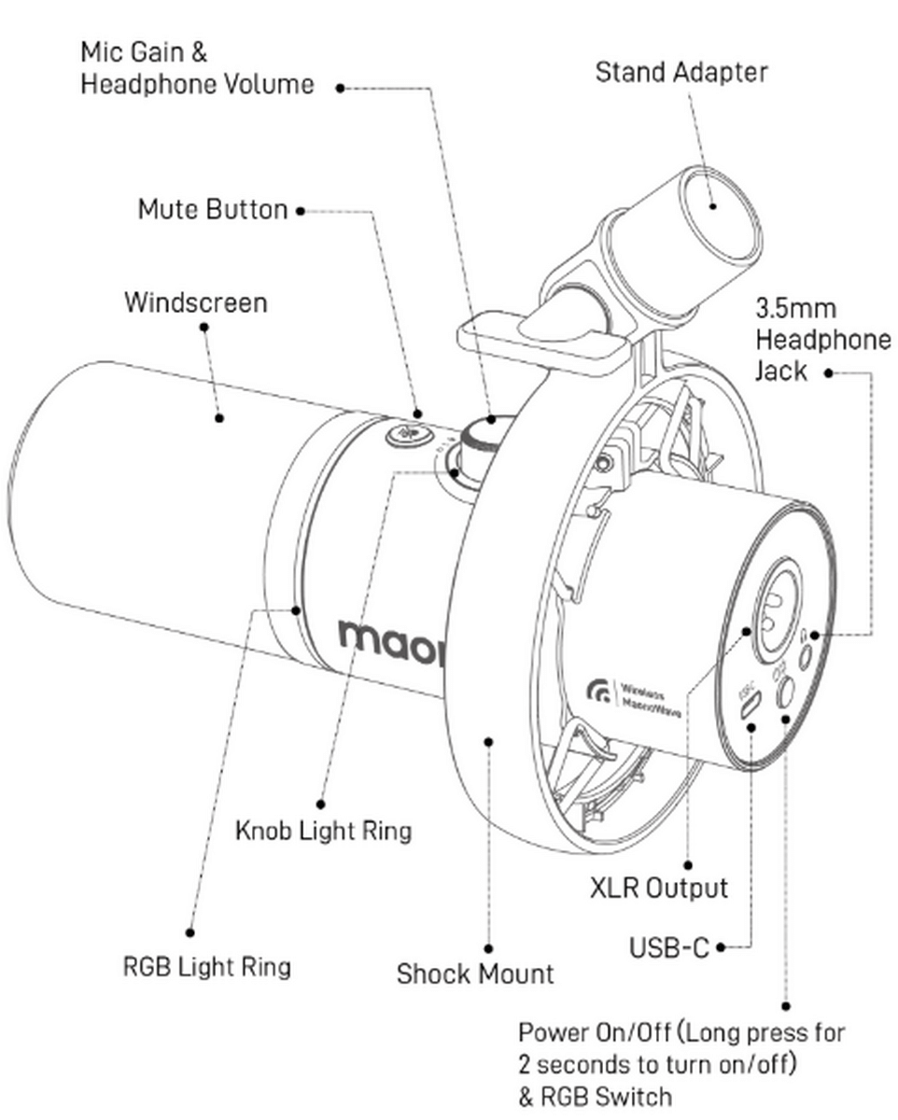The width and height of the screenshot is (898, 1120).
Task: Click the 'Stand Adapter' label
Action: [x=681, y=72]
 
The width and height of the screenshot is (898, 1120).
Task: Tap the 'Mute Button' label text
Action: [x=212, y=208]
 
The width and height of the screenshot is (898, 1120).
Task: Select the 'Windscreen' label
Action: [x=195, y=302]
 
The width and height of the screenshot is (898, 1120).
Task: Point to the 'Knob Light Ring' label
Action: [x=323, y=830]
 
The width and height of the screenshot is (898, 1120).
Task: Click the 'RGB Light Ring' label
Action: [x=206, y=965]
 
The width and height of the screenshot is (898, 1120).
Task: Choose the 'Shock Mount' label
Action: [x=474, y=973]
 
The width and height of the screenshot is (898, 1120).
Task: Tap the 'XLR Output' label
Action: [x=658, y=887]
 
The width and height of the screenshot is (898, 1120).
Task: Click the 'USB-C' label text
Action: [x=668, y=947]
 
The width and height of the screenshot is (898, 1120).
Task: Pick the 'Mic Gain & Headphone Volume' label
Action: [x=196, y=67]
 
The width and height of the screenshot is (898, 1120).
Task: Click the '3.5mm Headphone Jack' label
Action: [x=821, y=340]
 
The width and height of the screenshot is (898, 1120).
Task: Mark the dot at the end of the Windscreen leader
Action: [x=220, y=417]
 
